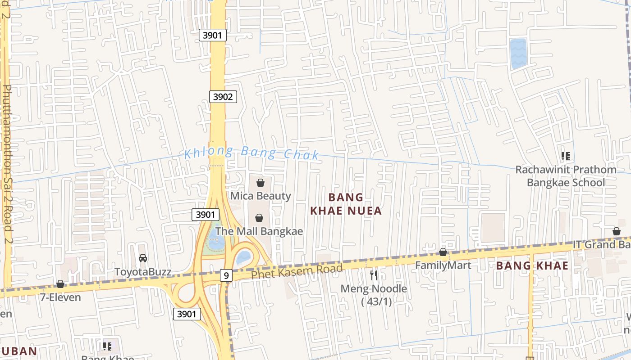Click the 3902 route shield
[223, 96]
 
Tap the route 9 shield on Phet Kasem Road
[226, 275]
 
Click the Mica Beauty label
[261, 196]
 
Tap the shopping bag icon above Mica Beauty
[260, 182]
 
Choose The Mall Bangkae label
[259, 231]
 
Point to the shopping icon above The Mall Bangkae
[259, 218]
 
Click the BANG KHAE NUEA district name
[346, 204]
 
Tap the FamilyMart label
[443, 265]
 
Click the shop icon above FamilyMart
[443, 252]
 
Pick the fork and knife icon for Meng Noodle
[373, 275]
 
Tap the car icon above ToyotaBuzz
[143, 258]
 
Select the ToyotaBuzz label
[143, 272]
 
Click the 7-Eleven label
[60, 297]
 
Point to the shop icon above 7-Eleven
[60, 284]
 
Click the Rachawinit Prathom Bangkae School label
[566, 176]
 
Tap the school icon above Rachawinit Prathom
[566, 156]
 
